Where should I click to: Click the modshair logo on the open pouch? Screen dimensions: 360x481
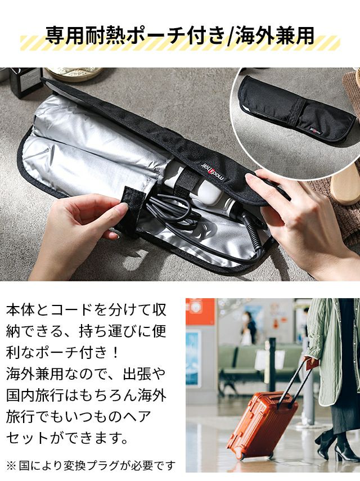[213, 171]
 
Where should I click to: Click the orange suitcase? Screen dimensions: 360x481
[262, 424]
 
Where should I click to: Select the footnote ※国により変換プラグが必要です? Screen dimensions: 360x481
[91, 466]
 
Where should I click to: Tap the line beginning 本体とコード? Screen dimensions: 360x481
[86, 310]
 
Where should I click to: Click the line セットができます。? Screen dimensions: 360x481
[67, 438]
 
